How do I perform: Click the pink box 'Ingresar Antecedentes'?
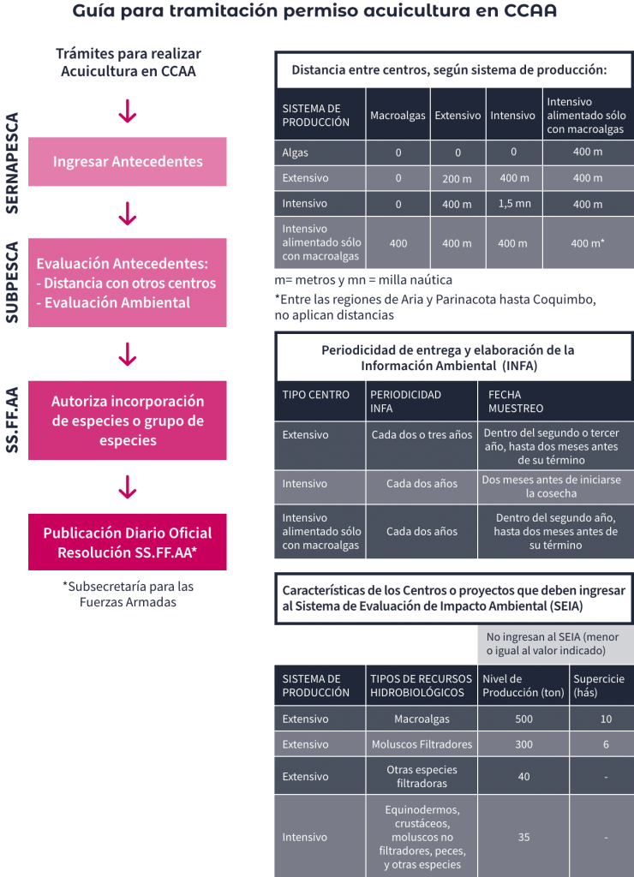click(x=128, y=162)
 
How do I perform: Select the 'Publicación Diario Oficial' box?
click(x=128, y=542)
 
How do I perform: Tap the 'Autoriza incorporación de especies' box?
click(x=128, y=421)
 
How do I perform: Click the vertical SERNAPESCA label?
click(x=12, y=163)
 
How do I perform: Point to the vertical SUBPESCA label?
click(x=12, y=283)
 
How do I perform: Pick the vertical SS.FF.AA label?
click(x=12, y=420)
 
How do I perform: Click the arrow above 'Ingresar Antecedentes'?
click(x=128, y=110)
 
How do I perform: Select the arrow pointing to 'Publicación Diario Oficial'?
click(x=128, y=486)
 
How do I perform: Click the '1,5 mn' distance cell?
click(x=514, y=204)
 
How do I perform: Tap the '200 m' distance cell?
click(x=458, y=178)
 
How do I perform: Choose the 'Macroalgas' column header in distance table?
click(x=398, y=116)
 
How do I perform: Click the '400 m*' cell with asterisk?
click(x=588, y=243)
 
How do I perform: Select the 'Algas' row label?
click(x=296, y=152)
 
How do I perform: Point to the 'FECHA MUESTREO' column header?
click(x=516, y=402)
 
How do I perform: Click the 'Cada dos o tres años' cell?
click(x=422, y=434)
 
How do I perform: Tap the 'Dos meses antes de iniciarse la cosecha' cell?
click(x=552, y=486)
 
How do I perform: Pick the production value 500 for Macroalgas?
click(x=523, y=719)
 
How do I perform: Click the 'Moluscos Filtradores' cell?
click(x=422, y=744)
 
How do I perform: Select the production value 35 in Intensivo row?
click(x=523, y=838)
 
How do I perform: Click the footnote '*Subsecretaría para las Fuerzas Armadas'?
click(x=129, y=594)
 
